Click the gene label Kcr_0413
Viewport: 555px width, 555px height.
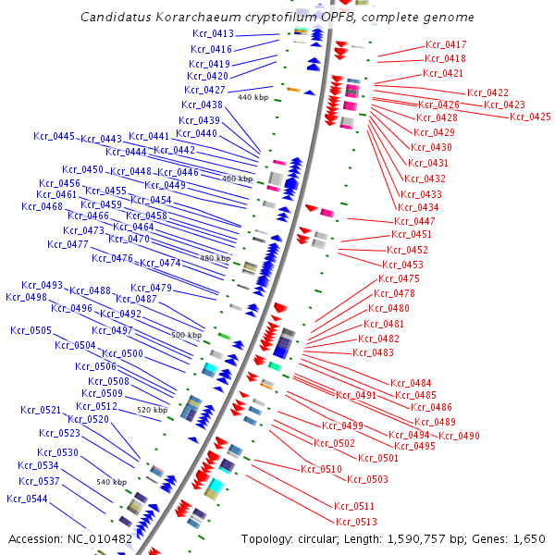tap(212, 34)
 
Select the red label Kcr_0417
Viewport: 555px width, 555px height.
tap(446, 44)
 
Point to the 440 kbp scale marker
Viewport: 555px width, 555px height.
tap(253, 97)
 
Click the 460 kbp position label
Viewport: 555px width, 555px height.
tap(237, 179)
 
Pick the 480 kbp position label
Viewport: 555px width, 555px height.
tap(215, 259)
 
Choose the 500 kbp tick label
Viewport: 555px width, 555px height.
tap(186, 335)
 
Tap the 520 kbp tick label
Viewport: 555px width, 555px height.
tap(152, 410)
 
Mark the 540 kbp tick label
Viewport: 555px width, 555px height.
tap(111, 483)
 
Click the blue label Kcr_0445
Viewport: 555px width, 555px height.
tap(55, 137)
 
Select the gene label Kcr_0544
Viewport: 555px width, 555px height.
tap(28, 499)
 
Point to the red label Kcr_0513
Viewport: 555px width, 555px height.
tap(356, 522)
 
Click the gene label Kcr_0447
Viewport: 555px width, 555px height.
tap(414, 221)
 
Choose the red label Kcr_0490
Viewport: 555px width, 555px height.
tap(459, 436)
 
